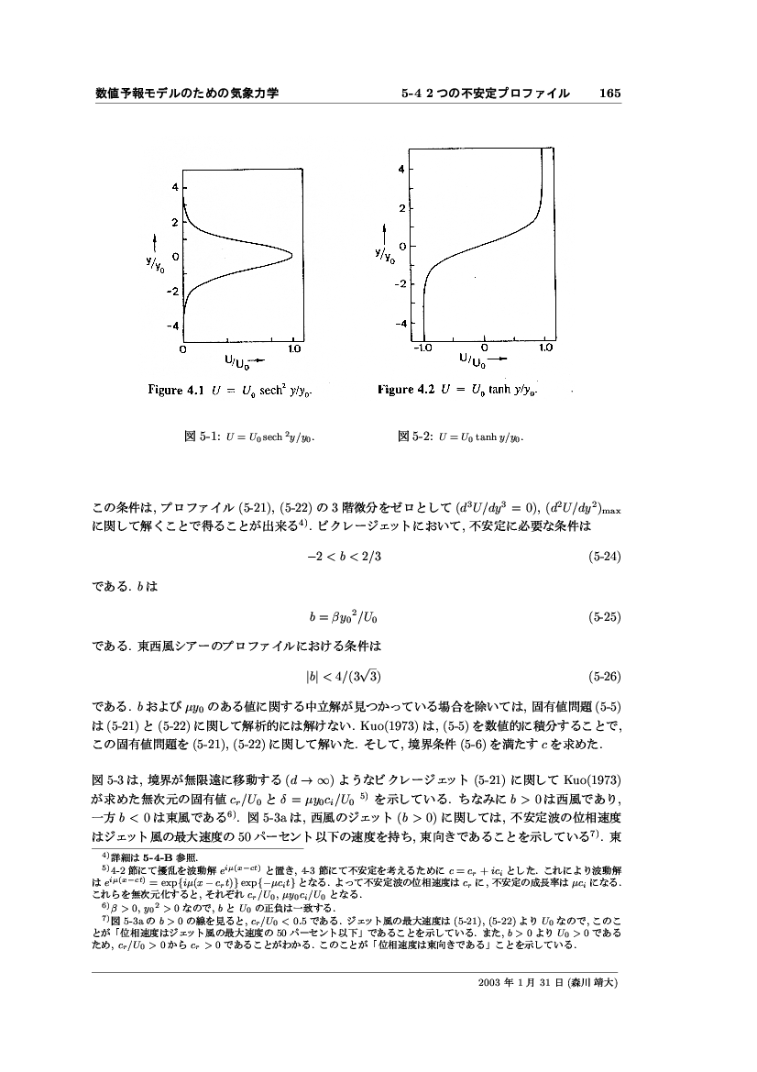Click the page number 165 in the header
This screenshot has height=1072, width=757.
610,94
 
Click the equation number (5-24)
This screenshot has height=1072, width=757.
605,556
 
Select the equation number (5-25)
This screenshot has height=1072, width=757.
605,617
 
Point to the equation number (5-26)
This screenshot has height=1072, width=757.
605,678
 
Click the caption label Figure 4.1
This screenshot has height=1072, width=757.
179,390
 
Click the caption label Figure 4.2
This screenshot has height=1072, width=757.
408,390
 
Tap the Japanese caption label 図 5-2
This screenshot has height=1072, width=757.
410,437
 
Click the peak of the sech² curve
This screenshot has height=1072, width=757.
291,254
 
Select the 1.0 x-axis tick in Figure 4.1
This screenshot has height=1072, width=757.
294,349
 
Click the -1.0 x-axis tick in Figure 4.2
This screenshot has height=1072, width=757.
423,348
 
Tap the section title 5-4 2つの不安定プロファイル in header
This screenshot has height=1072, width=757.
485,94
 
